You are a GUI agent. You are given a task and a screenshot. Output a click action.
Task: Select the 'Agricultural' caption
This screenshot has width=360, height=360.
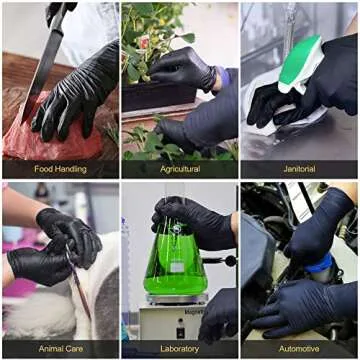(180, 169)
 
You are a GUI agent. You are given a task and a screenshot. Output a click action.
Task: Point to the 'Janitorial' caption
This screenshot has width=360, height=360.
(299, 169)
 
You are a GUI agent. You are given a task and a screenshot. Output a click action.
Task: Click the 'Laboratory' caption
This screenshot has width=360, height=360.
(180, 349)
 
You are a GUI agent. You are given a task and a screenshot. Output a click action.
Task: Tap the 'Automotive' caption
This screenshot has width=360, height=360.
(299, 349)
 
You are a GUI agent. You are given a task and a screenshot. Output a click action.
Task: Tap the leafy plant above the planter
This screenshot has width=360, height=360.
(150, 40)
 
